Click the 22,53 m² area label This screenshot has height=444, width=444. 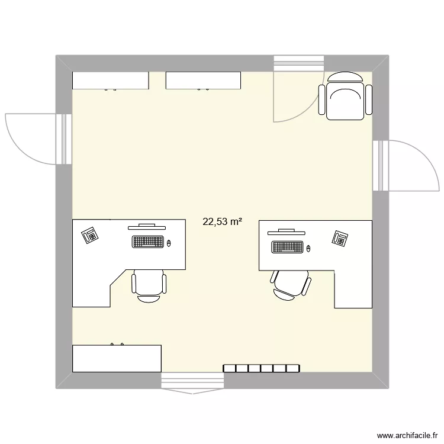pyautogui.click(x=222, y=222)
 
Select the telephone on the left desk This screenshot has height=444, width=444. pyautogui.click(x=91, y=235)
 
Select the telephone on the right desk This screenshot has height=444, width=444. pyautogui.click(x=340, y=238)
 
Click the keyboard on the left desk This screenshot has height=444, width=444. pyautogui.click(x=148, y=242)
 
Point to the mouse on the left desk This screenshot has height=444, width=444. pyautogui.click(x=169, y=243)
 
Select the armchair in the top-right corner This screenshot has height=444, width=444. pyautogui.click(x=346, y=96)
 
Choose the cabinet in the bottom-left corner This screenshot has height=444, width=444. pyautogui.click(x=117, y=358)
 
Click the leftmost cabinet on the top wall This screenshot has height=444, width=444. pyautogui.click(x=110, y=81)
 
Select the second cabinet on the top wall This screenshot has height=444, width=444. pyautogui.click(x=204, y=81)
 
